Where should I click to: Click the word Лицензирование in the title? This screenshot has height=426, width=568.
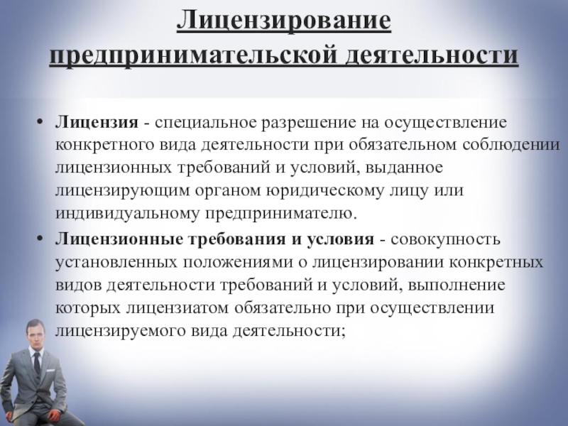coord(284,21)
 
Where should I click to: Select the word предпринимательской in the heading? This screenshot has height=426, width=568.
coord(193,56)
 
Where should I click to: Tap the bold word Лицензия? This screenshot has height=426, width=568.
coord(97,122)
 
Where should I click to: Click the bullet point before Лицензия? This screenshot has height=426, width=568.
coord(40,121)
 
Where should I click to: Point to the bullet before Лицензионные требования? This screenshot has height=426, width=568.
coord(40,239)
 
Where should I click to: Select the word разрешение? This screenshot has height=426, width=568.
coord(309,123)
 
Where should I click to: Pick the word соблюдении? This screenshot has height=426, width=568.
coord(511,145)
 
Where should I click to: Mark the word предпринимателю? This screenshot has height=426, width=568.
coord(281,214)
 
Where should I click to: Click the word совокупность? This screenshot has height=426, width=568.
coord(446,239)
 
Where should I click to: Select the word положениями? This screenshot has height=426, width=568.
coord(237,262)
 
